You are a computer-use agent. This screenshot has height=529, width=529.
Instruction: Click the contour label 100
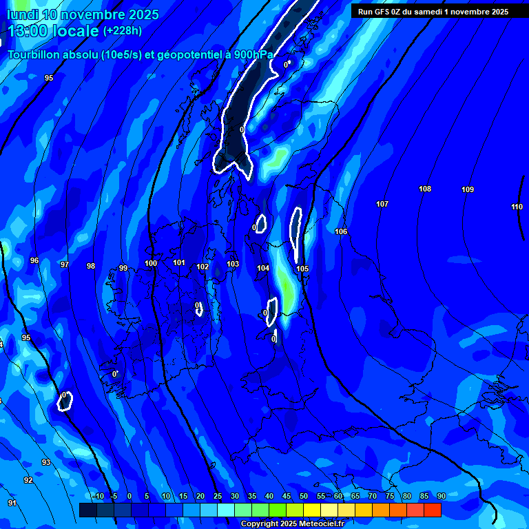pyautogui.click(x=151, y=263)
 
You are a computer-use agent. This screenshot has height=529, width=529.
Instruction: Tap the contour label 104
pyautogui.click(x=263, y=268)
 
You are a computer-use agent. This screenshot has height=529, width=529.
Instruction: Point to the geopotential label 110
pyautogui.click(x=517, y=207)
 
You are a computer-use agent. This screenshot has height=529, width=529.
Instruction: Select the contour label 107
pyautogui.click(x=382, y=204)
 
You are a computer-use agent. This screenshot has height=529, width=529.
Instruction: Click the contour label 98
pyautogui.click(x=91, y=266)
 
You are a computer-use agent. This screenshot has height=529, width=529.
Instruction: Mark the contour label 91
pyautogui.click(x=12, y=503)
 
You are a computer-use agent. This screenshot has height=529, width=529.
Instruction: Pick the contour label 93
pyautogui.click(x=46, y=462)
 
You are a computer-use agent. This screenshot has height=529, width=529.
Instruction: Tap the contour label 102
pyautogui.click(x=203, y=267)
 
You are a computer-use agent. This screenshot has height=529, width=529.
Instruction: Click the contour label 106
pyautogui.click(x=341, y=231)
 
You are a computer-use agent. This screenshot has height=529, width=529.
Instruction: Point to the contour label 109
pyautogui.click(x=468, y=189)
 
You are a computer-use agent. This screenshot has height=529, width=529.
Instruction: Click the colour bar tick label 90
pyautogui.click(x=441, y=496)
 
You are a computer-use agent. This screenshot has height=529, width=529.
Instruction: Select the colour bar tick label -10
pyautogui.click(x=97, y=496)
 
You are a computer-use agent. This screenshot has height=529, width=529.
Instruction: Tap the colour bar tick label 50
pyautogui.click(x=304, y=496)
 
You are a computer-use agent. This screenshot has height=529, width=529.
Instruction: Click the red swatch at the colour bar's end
pyautogui.click(x=432, y=510)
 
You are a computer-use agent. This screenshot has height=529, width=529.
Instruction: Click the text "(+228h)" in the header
pyautogui.click(x=123, y=30)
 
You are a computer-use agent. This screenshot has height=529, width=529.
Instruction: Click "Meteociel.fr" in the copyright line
pyautogui.click(x=316, y=524)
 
